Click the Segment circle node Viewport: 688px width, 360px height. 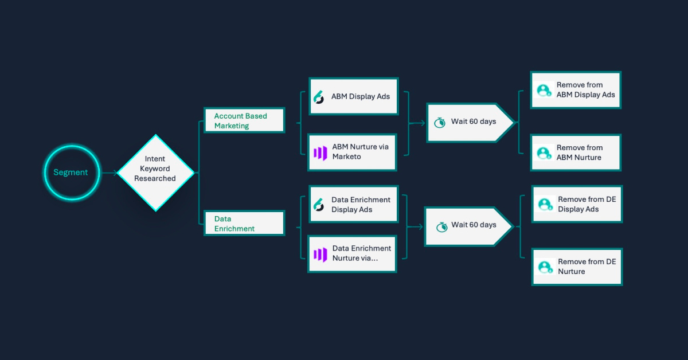[x=72, y=173]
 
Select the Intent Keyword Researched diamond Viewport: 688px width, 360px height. [x=156, y=173]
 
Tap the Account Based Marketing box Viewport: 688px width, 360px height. [x=244, y=120]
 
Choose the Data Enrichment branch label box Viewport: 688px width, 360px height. [x=244, y=223]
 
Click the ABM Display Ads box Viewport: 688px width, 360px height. [x=354, y=96]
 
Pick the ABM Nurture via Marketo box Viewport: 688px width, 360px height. [x=352, y=152]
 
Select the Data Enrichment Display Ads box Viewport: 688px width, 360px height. [x=354, y=204]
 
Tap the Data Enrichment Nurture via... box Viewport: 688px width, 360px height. [x=352, y=254]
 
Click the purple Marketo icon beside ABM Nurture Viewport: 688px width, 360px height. [x=320, y=153]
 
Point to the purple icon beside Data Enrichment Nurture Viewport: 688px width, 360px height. [x=320, y=255]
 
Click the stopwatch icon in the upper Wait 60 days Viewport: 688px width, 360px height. [x=440, y=123]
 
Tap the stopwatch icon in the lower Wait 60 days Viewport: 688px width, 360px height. [x=442, y=227]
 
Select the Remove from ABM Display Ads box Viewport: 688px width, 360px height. [x=576, y=90]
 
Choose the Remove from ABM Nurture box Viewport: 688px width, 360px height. [x=576, y=152]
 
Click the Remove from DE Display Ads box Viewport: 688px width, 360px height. [x=577, y=204]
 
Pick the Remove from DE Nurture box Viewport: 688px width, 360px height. [x=577, y=267]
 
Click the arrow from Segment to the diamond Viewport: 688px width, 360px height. [x=110, y=173]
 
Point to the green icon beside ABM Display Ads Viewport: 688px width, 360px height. [x=319, y=97]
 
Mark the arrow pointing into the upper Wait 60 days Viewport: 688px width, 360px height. [x=417, y=123]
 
